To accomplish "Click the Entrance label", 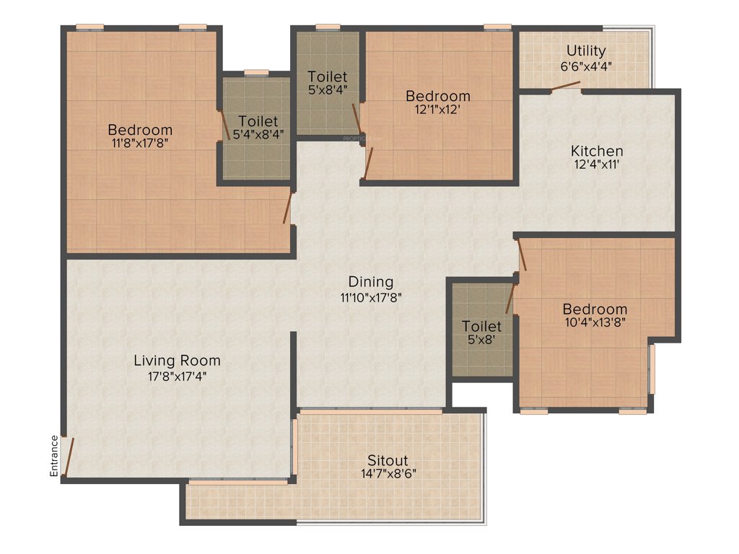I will (53, 455).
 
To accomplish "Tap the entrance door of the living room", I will (68, 457).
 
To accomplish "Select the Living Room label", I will (177, 361).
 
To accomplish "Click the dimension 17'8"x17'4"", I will (177, 375).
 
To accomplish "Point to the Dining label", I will (371, 281).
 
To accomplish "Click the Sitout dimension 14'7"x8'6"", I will (388, 474).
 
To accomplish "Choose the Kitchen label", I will (597, 151).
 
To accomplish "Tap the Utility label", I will (586, 51).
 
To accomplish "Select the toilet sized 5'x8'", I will (481, 333).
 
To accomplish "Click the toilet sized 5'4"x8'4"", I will (258, 127).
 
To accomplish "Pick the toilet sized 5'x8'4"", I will (327, 83).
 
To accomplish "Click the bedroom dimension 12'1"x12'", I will (437, 110).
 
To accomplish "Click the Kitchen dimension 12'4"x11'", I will (597, 164).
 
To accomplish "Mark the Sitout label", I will (388, 460).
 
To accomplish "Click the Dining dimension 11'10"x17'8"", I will (371, 296).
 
